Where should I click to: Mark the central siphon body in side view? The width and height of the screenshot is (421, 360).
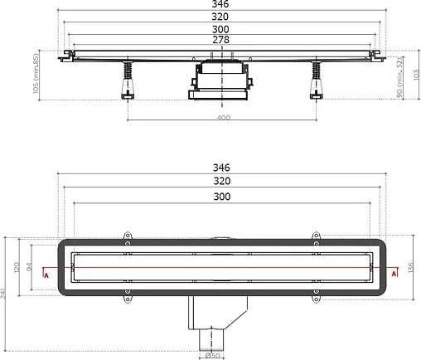(222, 83)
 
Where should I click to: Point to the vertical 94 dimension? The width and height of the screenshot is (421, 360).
(29, 268)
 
